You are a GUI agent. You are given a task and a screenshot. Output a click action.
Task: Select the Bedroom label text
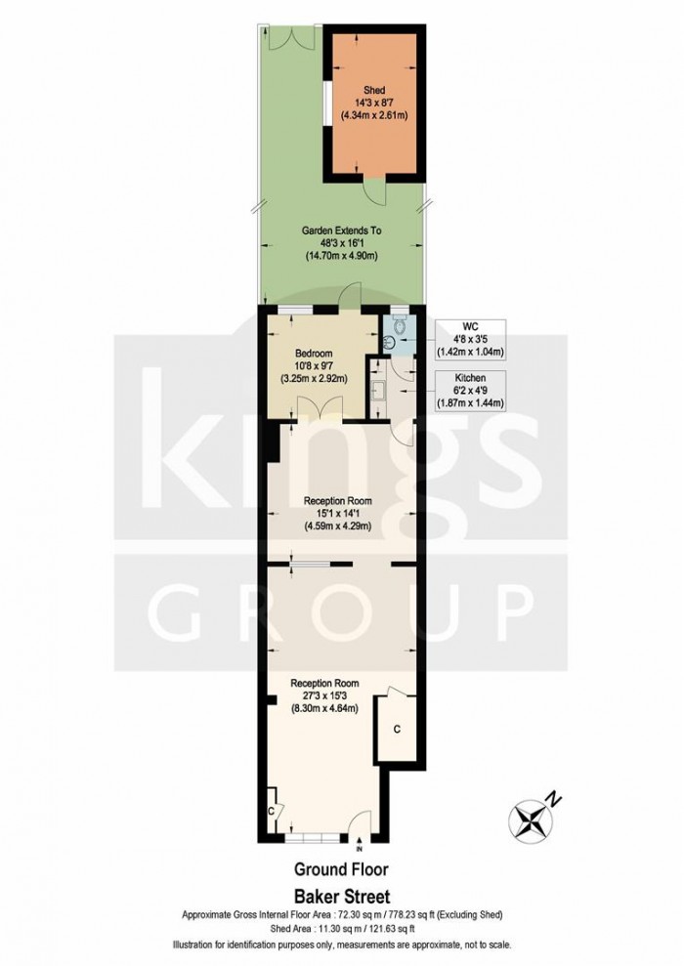pyautogui.click(x=314, y=353)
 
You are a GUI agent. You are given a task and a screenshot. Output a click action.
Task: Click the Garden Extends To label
pyautogui.click(x=340, y=231)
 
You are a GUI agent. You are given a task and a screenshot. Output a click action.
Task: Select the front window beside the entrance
pyautogui.click(x=314, y=837)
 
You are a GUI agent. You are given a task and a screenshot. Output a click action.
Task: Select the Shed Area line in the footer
pyautogui.click(x=342, y=929)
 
